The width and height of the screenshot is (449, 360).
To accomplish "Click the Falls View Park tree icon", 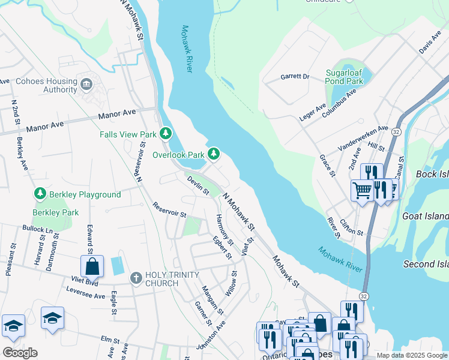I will point(166,134).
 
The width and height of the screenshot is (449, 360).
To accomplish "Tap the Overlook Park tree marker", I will point(213,154).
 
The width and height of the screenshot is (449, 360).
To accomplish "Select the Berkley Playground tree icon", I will point(40,194).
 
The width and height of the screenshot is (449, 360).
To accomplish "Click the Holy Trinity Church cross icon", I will point(136,278).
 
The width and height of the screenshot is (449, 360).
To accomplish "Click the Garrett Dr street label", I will point(294,77).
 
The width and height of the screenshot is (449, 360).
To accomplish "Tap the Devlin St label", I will point(197,185).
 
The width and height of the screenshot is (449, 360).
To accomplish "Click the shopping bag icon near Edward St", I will point(92,266).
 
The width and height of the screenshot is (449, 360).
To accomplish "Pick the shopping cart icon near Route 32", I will point(362,191).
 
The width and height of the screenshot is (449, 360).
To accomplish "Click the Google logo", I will point(20,353).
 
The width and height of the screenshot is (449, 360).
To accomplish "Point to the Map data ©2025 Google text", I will point(412,355).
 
